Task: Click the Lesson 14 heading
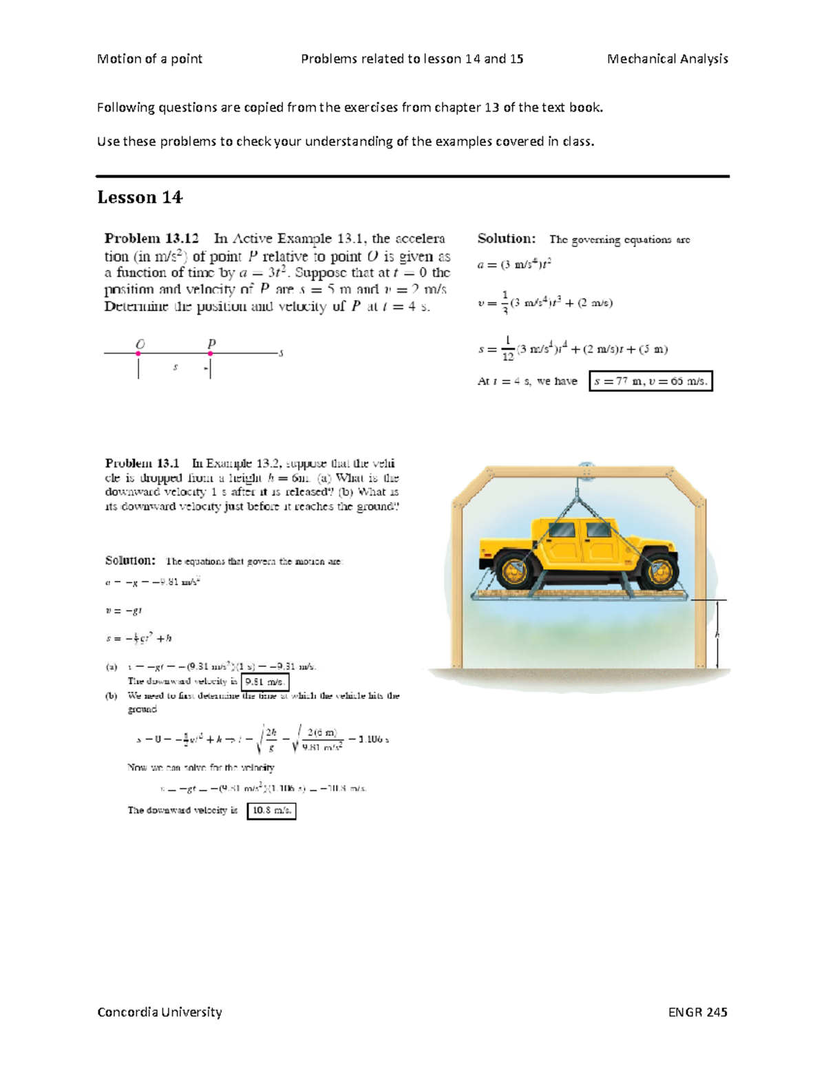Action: [140, 198]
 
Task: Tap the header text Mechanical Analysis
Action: [667, 59]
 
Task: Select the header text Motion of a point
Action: [149, 59]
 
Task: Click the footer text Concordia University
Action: [160, 1012]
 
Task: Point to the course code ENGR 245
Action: [697, 1012]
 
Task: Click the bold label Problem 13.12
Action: [151, 239]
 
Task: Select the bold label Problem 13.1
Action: [142, 463]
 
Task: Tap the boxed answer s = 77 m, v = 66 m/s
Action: [650, 381]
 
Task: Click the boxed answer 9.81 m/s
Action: [265, 681]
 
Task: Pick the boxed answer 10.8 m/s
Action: [271, 810]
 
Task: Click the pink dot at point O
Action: [138, 354]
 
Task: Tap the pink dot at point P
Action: [211, 354]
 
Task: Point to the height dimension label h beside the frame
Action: [717, 634]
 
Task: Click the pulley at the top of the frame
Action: [586, 469]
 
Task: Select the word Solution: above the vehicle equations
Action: [130, 560]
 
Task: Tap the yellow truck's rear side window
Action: [562, 531]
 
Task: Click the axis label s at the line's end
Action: [281, 354]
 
